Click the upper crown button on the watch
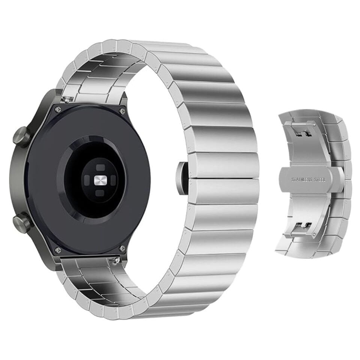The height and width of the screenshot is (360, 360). click(21, 136)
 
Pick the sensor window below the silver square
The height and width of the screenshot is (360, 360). click(100, 193)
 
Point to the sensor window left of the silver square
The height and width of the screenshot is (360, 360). click(87, 180)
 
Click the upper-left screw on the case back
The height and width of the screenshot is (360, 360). click(57, 109)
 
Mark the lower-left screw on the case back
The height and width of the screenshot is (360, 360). click(57, 249)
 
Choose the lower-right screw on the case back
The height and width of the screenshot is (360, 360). click(122, 248)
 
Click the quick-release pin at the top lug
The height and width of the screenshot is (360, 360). click(68, 99)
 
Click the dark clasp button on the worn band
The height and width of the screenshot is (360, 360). click(182, 179)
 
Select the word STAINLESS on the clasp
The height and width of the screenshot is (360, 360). click(302, 180)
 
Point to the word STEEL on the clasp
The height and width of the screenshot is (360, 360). click(320, 180)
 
